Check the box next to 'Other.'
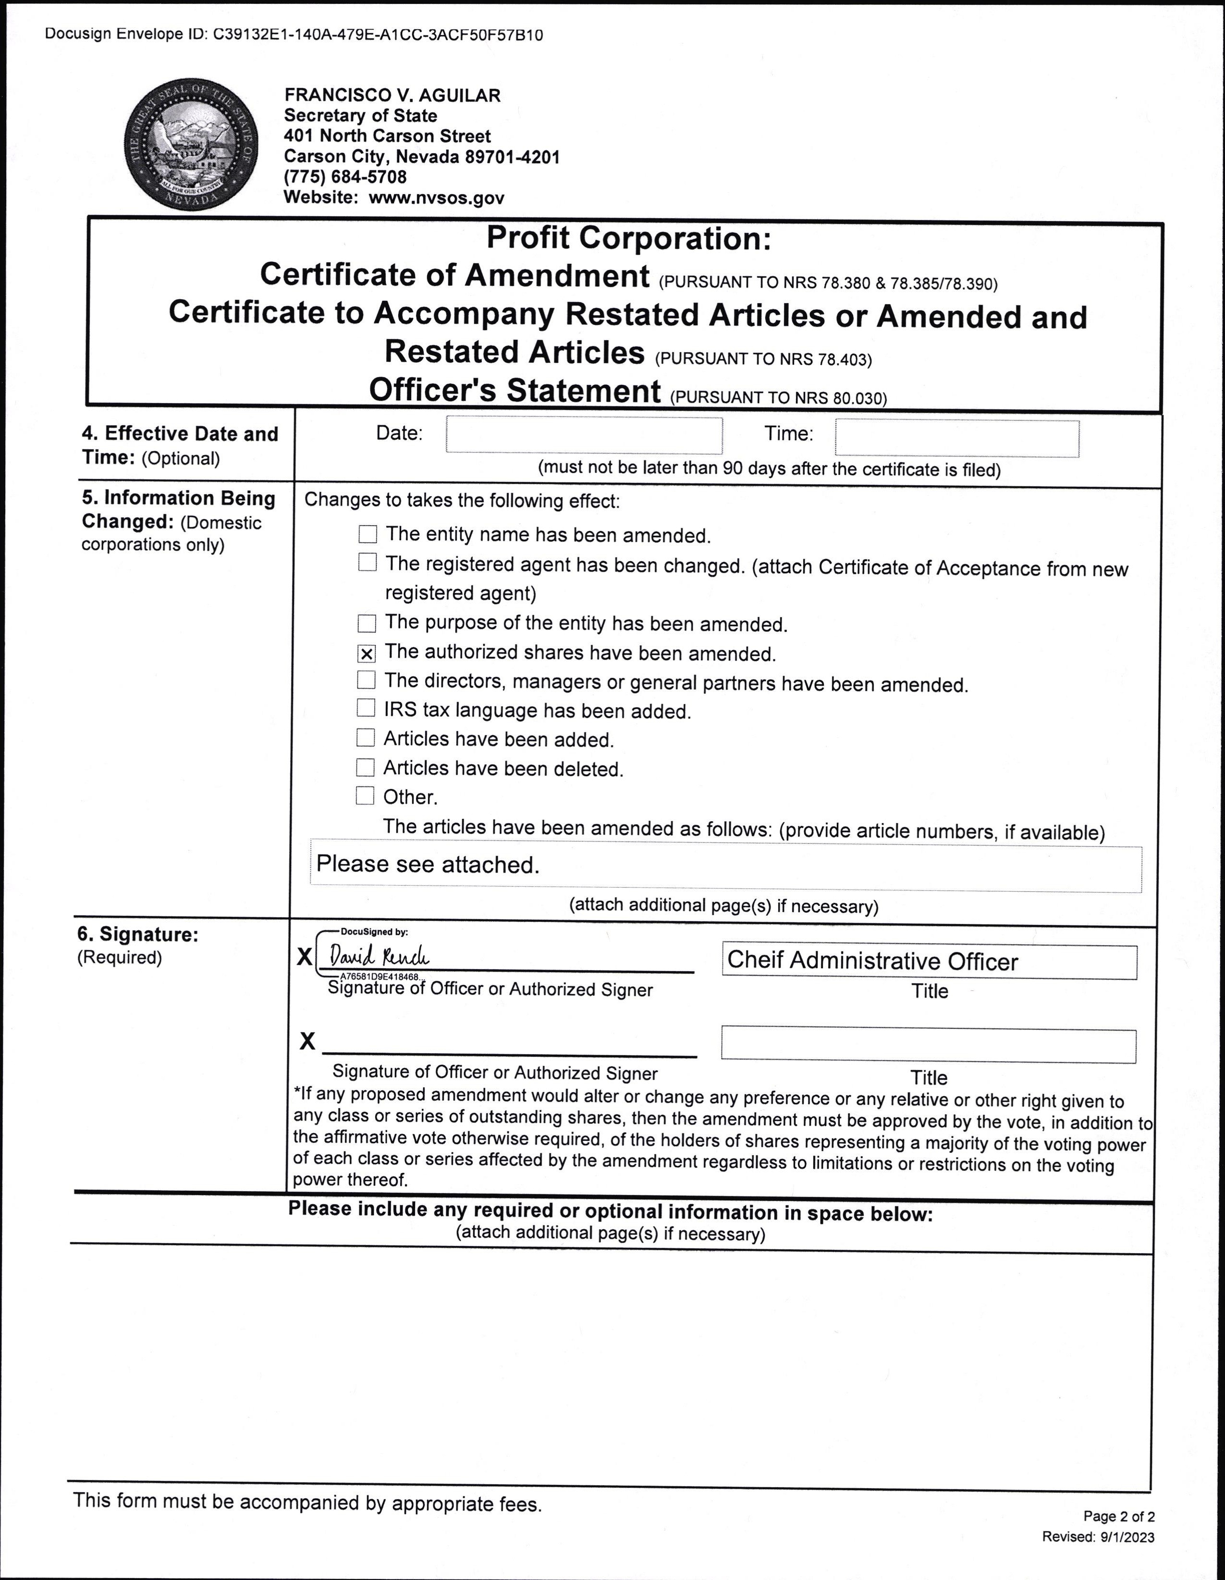coord(365,796)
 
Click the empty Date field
coord(584,435)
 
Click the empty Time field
coord(957,438)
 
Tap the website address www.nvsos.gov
coord(436,197)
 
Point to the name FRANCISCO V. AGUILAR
coord(392,95)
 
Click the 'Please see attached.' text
coord(428,864)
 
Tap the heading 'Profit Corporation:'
coord(628,238)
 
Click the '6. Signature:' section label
coord(137,934)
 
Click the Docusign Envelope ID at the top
coord(294,34)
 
